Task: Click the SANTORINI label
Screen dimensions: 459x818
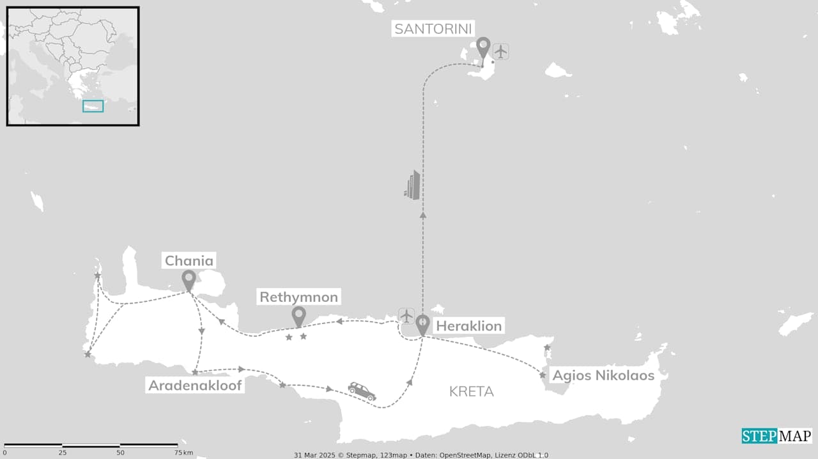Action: point(433,29)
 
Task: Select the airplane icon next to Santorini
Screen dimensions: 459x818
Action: point(500,51)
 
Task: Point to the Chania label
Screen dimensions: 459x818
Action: point(189,261)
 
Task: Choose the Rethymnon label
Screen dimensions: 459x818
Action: point(298,297)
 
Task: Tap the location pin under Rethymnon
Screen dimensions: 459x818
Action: point(298,316)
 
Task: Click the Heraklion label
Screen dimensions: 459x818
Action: point(468,326)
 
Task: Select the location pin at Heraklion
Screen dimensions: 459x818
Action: point(422,325)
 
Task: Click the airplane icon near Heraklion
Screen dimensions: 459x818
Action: point(406,315)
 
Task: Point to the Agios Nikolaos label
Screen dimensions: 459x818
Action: point(603,375)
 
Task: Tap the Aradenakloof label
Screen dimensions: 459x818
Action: point(195,385)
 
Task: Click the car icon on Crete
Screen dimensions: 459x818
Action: point(362,391)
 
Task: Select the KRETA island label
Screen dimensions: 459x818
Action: point(471,392)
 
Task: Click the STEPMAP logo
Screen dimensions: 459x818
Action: point(776,436)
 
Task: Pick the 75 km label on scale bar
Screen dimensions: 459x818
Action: point(183,453)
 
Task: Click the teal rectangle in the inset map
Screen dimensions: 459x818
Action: point(93,106)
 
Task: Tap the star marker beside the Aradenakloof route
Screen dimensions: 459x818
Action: point(195,372)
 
